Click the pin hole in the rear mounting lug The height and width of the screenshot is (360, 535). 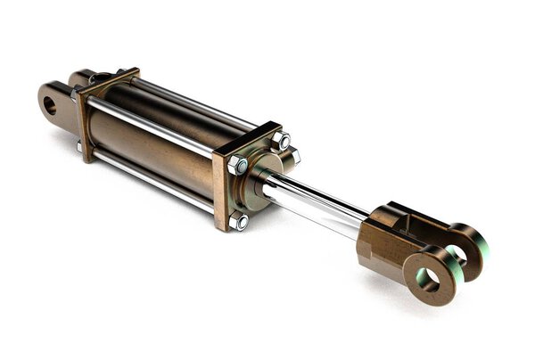50,104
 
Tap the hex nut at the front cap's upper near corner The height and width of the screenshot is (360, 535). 237,166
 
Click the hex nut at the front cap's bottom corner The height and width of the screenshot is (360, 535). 239,221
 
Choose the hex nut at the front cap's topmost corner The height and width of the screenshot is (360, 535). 282,141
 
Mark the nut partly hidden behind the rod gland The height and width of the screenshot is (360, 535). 292,159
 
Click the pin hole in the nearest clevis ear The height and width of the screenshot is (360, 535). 427,279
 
